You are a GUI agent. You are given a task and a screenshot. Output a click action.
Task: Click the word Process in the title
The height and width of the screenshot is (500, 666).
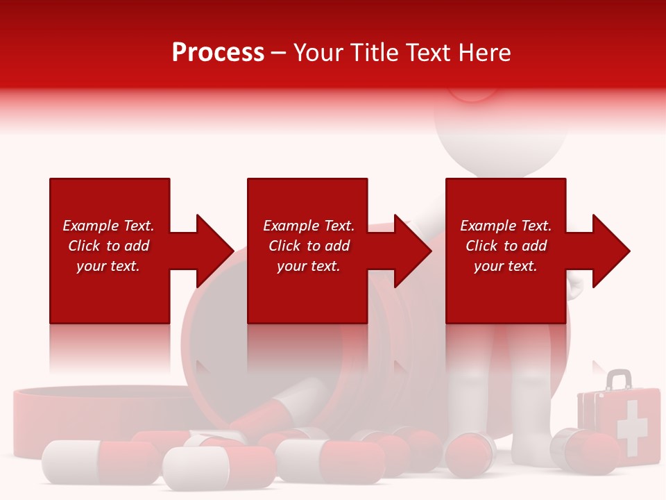pyautogui.click(x=218, y=53)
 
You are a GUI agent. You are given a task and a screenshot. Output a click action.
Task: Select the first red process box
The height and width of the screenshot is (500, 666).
pyautogui.click(x=110, y=201)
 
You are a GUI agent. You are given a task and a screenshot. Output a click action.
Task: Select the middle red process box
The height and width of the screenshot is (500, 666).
pyautogui.click(x=307, y=201)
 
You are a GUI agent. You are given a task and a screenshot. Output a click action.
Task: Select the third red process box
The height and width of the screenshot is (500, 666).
pyautogui.click(x=505, y=201)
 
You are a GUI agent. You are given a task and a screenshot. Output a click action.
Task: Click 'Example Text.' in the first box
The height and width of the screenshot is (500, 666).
pyautogui.click(x=108, y=226)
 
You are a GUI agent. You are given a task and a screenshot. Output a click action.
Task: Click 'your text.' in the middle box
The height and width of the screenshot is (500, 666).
pyautogui.click(x=308, y=266)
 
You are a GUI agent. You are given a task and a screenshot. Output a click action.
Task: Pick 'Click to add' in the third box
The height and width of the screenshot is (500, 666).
pyautogui.click(x=506, y=246)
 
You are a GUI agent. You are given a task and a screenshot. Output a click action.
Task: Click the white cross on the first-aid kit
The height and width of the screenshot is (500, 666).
pyautogui.click(x=631, y=426)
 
